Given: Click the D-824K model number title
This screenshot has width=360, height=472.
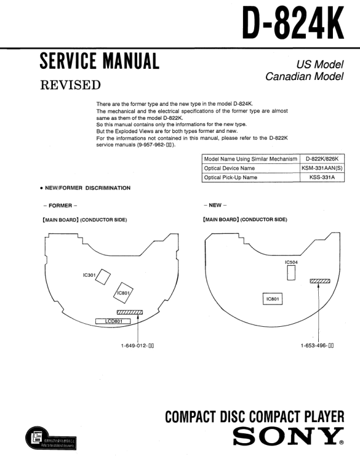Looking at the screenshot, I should (x=292, y=24).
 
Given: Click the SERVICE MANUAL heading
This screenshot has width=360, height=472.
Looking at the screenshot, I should (x=99, y=61).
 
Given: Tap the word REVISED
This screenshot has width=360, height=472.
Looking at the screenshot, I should (x=70, y=85).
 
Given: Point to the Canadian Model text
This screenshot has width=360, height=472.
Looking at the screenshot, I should (x=304, y=76).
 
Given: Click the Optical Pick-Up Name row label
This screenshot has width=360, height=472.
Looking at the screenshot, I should (x=231, y=177).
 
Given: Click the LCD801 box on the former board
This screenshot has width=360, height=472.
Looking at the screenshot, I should (x=113, y=322).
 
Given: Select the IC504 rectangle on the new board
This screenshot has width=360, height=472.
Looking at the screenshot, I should (x=291, y=273).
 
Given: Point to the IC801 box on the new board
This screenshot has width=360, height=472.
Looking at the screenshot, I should (x=274, y=299).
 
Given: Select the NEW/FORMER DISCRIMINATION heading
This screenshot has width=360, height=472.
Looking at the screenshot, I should (x=85, y=188).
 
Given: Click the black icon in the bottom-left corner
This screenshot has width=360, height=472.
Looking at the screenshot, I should (x=35, y=438).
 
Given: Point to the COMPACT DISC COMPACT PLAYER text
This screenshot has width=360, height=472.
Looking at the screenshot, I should (x=254, y=417).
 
